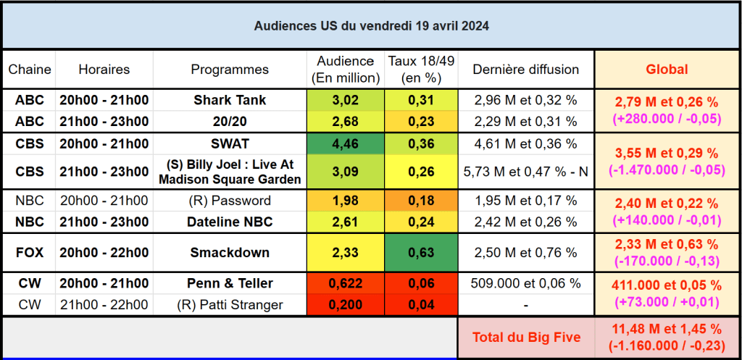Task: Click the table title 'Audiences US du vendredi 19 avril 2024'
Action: click(x=371, y=26)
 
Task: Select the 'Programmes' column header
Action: click(x=230, y=70)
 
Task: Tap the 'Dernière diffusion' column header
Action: click(x=525, y=70)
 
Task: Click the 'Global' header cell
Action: click(x=667, y=70)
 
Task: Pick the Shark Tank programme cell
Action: click(x=230, y=100)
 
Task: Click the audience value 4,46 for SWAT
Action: click(x=346, y=143)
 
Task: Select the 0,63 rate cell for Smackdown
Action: click(x=421, y=252)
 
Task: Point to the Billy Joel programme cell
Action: click(x=230, y=172)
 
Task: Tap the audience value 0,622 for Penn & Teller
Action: click(x=346, y=283)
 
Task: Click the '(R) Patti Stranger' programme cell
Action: click(x=230, y=305)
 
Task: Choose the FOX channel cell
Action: click(x=30, y=252)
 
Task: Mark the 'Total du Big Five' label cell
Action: click(x=525, y=337)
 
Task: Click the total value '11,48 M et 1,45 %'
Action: click(x=667, y=330)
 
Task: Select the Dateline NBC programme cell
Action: click(x=230, y=222)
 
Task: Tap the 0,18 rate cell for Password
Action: click(x=421, y=201)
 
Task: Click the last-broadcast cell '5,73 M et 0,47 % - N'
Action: click(x=525, y=172)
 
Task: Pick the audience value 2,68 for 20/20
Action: click(x=346, y=121)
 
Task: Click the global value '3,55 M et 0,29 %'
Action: click(x=667, y=154)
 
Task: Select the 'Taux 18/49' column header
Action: click(x=421, y=70)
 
